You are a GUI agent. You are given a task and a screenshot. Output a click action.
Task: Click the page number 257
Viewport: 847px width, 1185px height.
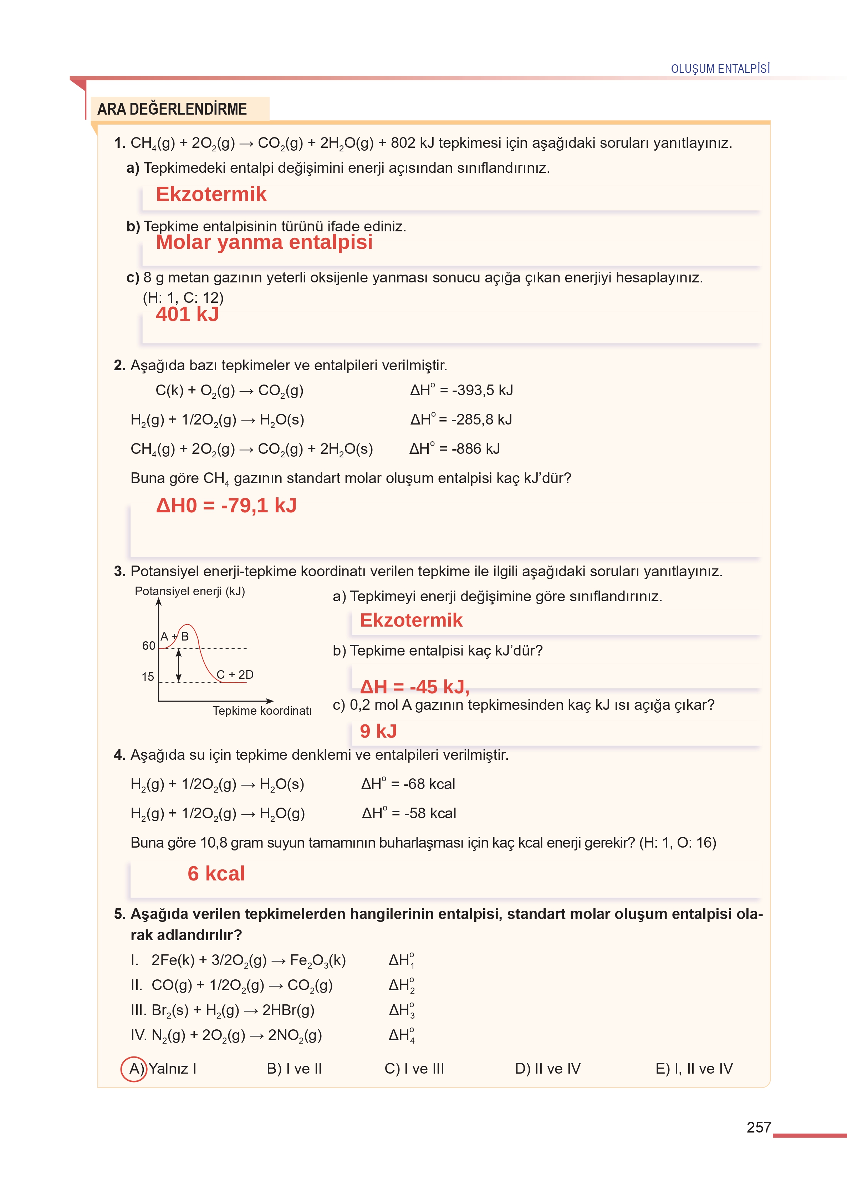click(x=758, y=1127)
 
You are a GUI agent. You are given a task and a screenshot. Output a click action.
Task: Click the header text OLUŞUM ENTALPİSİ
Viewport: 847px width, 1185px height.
click(x=720, y=69)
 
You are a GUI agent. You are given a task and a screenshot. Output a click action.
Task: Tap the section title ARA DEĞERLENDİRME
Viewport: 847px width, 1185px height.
click(x=172, y=109)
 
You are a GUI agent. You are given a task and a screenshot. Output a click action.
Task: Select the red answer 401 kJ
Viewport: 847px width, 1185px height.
click(x=187, y=314)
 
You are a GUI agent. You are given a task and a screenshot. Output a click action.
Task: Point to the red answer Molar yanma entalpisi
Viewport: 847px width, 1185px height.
click(x=264, y=242)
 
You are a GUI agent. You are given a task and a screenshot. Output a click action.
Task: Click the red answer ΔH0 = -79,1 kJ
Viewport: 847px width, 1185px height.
click(x=226, y=505)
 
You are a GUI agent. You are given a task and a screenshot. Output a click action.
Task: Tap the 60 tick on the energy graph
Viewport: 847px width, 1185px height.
click(x=149, y=646)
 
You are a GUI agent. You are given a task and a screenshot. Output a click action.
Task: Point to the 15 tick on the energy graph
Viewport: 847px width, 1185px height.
click(x=148, y=677)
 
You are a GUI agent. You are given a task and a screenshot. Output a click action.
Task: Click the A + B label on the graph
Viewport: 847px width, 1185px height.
click(x=174, y=636)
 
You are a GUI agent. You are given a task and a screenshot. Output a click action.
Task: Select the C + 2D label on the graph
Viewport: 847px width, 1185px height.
click(x=235, y=674)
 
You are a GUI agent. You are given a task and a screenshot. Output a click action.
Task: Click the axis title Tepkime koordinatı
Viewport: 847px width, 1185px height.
click(x=262, y=711)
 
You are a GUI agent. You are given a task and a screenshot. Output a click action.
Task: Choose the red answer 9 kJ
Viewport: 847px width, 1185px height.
click(x=378, y=731)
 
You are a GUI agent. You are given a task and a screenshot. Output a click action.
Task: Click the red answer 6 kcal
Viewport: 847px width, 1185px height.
click(x=216, y=873)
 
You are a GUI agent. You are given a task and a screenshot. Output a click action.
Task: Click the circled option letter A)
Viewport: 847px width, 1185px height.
click(x=134, y=1069)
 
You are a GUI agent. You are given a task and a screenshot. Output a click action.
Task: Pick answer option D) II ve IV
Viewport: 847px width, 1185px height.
click(x=548, y=1069)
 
